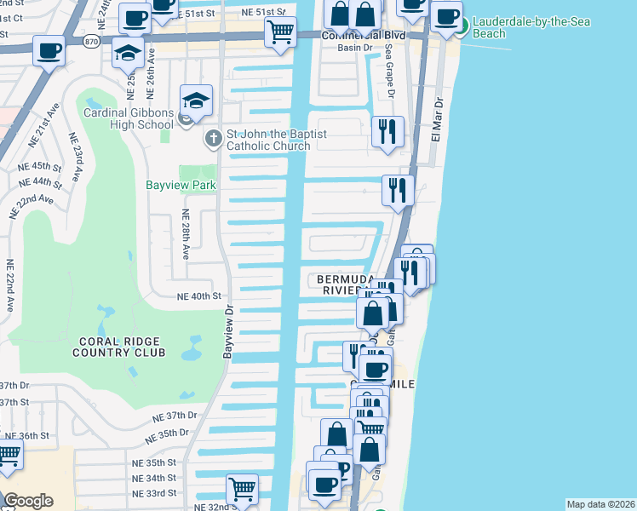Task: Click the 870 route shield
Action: (91, 40)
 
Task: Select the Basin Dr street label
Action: (350, 48)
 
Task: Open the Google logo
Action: (28, 501)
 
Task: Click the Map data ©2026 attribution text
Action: (600, 504)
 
